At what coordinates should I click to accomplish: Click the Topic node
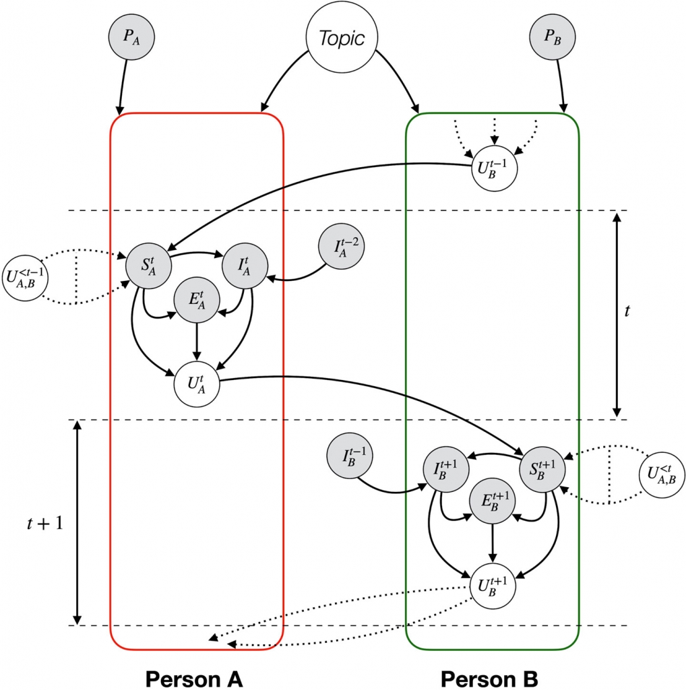click(x=342, y=37)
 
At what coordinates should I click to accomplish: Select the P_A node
click(x=131, y=36)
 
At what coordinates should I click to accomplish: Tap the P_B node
click(x=552, y=36)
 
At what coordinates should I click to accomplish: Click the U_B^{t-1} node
click(x=494, y=168)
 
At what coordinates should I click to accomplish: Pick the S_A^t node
click(x=148, y=265)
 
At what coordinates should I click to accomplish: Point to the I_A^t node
click(x=245, y=265)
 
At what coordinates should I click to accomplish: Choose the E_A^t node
click(x=197, y=300)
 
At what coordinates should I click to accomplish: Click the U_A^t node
click(x=197, y=383)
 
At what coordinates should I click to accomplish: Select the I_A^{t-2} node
click(x=342, y=247)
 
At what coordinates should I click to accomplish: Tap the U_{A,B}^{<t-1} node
click(x=25, y=278)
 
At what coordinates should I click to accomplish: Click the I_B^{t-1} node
click(x=350, y=456)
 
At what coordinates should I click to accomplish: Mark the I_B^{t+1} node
click(x=445, y=469)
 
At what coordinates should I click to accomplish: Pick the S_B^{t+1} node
click(x=542, y=469)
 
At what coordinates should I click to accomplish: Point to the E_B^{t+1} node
click(x=493, y=501)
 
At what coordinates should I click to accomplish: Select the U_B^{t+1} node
click(x=493, y=586)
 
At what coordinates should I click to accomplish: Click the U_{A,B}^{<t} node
click(x=662, y=475)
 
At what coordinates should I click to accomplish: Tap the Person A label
click(x=194, y=679)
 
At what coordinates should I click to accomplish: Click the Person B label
click(x=489, y=679)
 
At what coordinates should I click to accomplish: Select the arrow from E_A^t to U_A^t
click(x=197, y=342)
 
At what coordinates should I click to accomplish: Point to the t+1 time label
click(x=45, y=523)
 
